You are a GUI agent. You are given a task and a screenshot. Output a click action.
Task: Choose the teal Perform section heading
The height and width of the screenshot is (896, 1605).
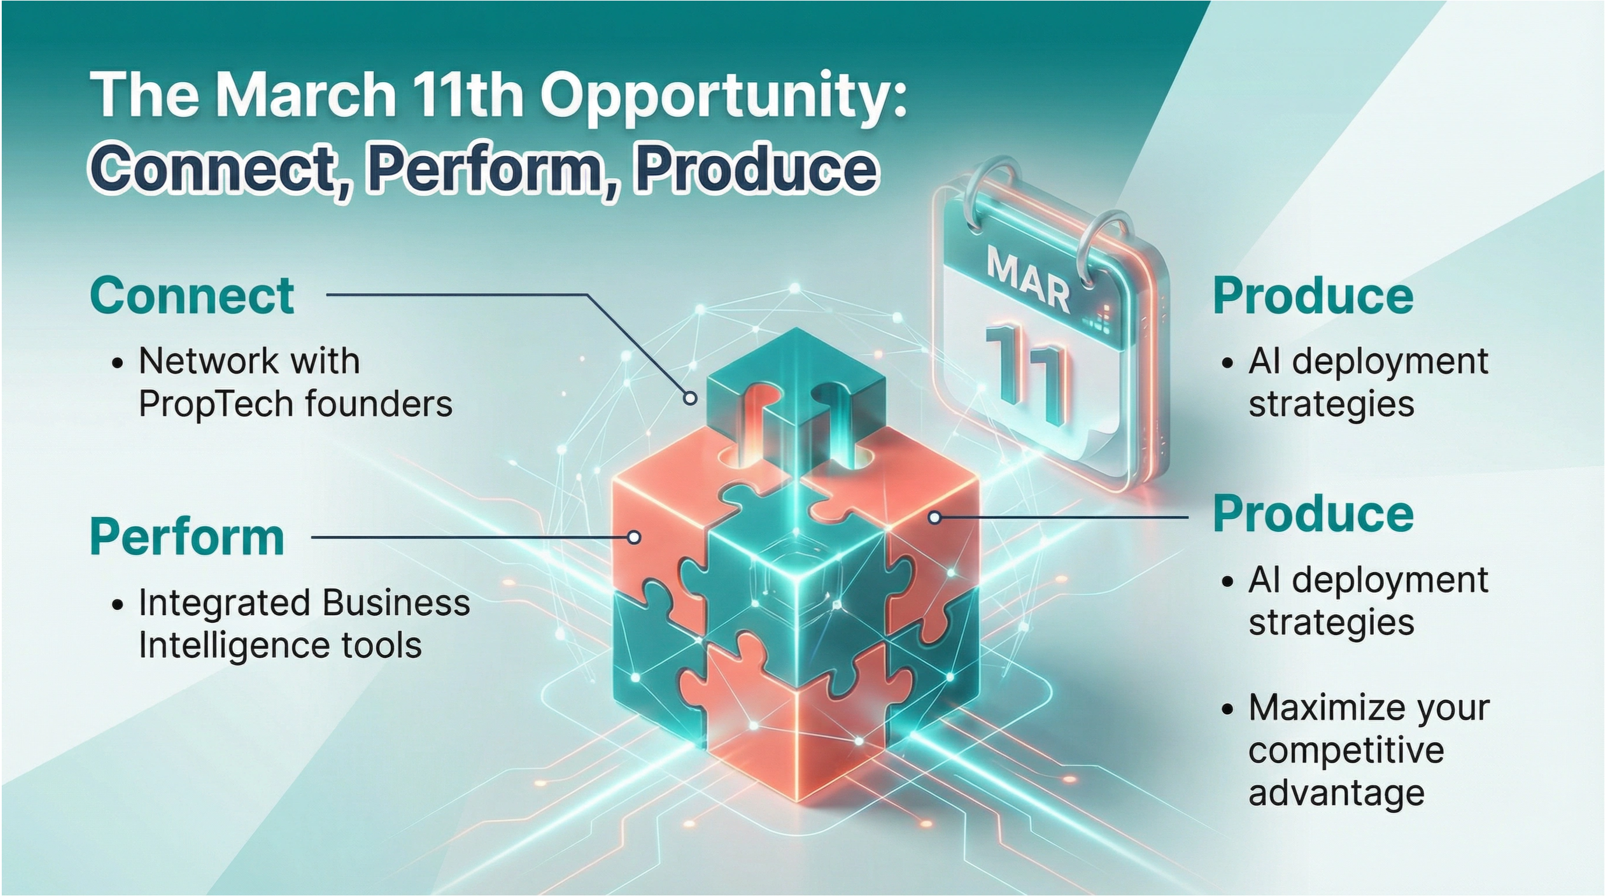pyautogui.click(x=187, y=537)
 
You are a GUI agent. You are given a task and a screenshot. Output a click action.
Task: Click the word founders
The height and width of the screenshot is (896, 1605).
pyautogui.click(x=379, y=404)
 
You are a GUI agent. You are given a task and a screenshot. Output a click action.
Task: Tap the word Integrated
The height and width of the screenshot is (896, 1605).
pyautogui.click(x=225, y=602)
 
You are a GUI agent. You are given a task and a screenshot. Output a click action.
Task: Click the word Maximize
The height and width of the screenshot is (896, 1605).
pyautogui.click(x=1320, y=708)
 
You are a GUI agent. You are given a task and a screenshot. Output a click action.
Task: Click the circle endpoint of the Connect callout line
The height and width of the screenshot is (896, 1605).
pyautogui.click(x=690, y=398)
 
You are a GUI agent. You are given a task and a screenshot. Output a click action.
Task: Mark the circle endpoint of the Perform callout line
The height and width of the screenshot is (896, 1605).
pyautogui.click(x=634, y=537)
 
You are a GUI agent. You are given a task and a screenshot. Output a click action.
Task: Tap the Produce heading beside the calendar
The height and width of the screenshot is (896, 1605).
pyautogui.click(x=1312, y=297)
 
